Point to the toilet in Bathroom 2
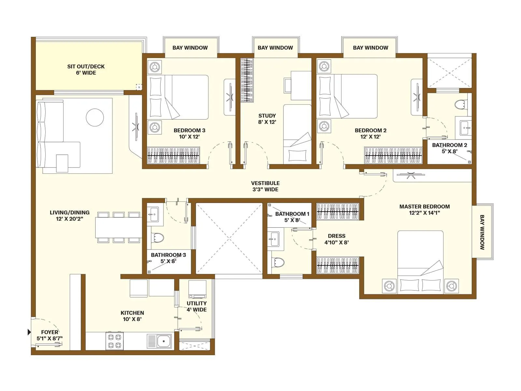pos(460,105)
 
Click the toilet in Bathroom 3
pos(158,238)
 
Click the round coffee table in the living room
pos(95,117)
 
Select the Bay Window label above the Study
pos(275,48)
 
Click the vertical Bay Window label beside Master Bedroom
pos(482,232)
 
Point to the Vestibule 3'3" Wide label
pos(265,186)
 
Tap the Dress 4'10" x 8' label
pos(336,239)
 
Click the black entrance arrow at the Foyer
pos(29,332)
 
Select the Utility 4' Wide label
pos(196,306)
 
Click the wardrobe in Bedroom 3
pos(173,155)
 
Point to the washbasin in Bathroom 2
pos(465,127)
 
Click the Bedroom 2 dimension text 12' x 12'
pos(371,137)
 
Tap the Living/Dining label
pos(69,215)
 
